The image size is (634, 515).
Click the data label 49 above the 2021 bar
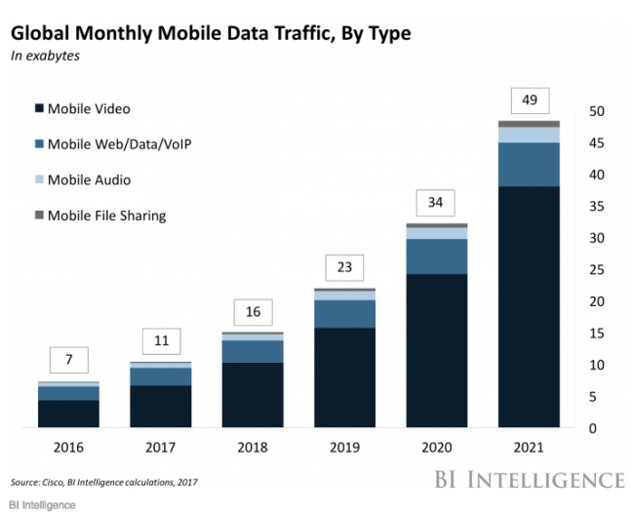click(530, 100)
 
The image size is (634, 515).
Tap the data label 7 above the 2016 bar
click(68, 359)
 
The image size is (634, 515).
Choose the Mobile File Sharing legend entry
click(106, 216)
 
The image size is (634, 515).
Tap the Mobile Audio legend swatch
click(38, 180)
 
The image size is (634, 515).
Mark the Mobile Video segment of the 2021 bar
click(529, 306)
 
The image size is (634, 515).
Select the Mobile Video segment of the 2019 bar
click(343, 377)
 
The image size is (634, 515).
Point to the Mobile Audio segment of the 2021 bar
click(529, 136)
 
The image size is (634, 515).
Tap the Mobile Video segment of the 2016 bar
click(68, 414)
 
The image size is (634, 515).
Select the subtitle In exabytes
click(44, 57)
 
